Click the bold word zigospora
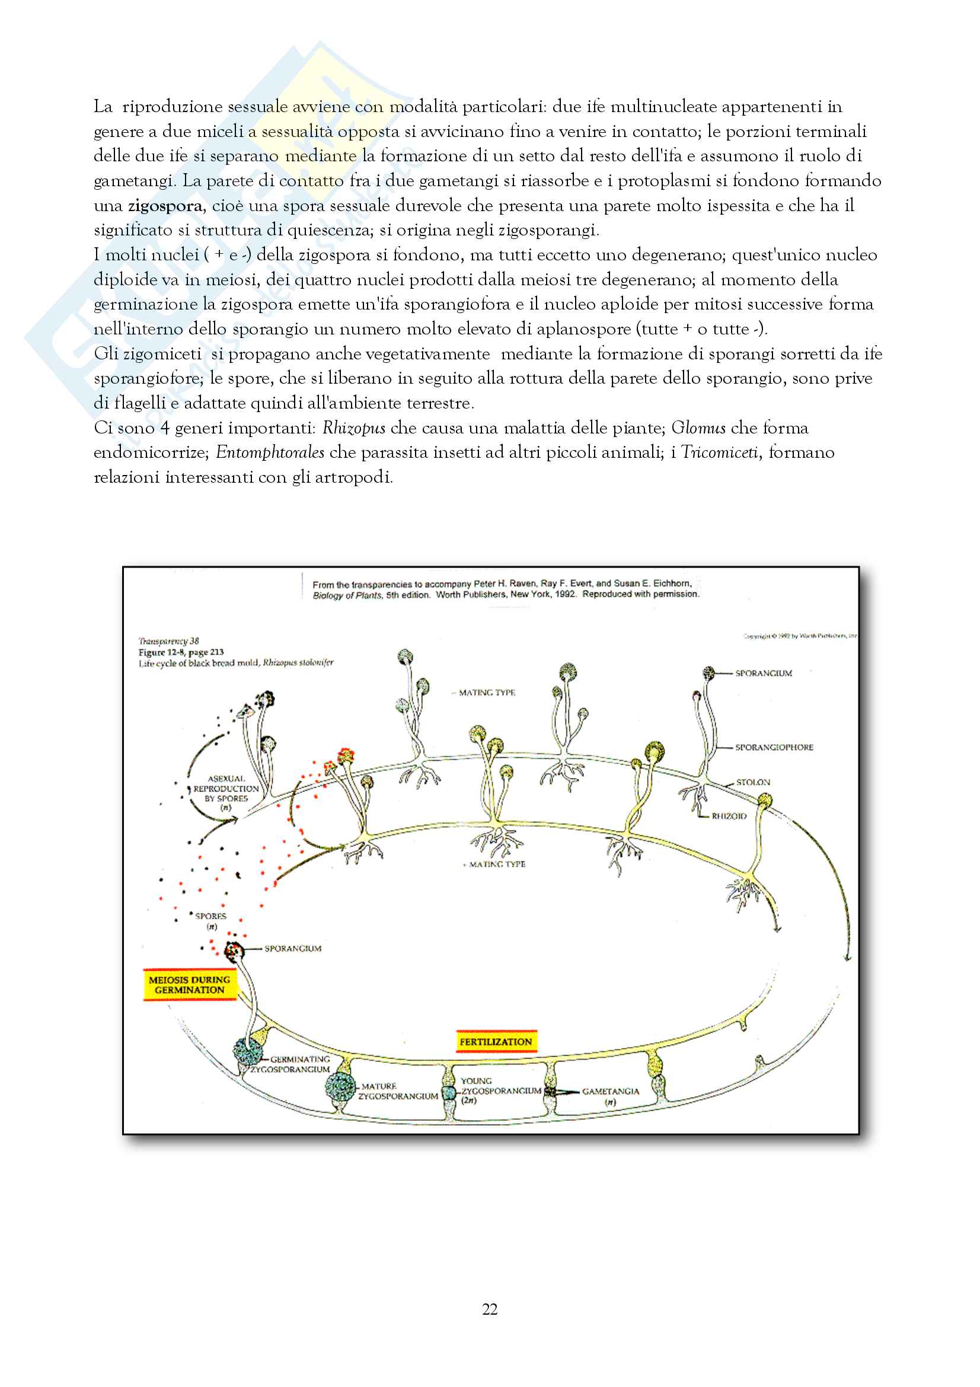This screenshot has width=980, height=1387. (x=164, y=206)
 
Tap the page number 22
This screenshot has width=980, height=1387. (x=490, y=1309)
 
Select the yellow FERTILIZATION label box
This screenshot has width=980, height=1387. (x=496, y=1041)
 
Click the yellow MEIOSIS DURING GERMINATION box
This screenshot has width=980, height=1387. (x=190, y=985)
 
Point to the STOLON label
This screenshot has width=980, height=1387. (x=753, y=782)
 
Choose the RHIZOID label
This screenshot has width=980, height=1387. (x=729, y=816)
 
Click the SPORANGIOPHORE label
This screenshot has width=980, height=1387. (x=774, y=747)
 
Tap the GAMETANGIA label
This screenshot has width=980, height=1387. (x=611, y=1092)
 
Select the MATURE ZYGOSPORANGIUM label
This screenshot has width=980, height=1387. (x=397, y=1091)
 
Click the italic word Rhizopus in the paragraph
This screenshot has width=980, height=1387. (x=354, y=428)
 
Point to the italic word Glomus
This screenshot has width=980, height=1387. (x=698, y=428)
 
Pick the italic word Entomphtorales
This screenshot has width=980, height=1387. (x=270, y=453)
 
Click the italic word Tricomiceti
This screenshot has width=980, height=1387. (x=719, y=453)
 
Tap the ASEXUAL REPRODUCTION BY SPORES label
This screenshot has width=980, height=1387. (x=226, y=789)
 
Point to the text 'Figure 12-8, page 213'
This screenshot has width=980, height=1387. (x=181, y=652)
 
